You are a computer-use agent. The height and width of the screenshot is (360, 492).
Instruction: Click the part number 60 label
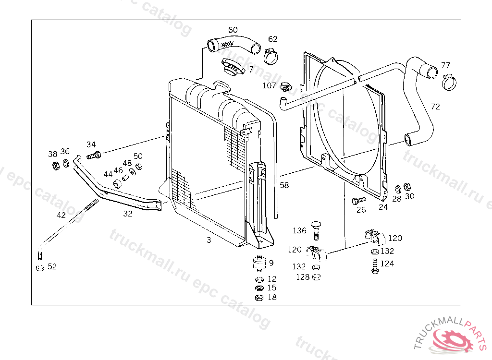coord(233,30)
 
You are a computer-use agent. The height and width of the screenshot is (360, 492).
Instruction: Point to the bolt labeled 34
coord(94,155)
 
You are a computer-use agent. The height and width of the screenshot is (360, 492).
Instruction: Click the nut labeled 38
coord(55,166)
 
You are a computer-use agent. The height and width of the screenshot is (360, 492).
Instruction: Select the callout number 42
coord(61,215)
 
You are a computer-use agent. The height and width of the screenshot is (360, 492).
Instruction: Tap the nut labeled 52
coord(40,268)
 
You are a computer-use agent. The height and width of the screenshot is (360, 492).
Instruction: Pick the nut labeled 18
coord(259,298)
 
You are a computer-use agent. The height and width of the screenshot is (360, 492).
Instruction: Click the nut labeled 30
coord(407,187)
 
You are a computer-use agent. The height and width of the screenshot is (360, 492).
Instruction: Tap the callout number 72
coord(435,107)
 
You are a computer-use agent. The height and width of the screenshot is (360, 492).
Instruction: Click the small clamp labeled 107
coord(286,87)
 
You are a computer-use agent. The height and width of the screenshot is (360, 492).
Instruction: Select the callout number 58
coord(284,185)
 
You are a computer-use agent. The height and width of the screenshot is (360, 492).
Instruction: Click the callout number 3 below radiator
coord(209,240)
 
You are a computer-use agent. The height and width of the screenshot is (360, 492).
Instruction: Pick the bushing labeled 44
coord(116,184)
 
